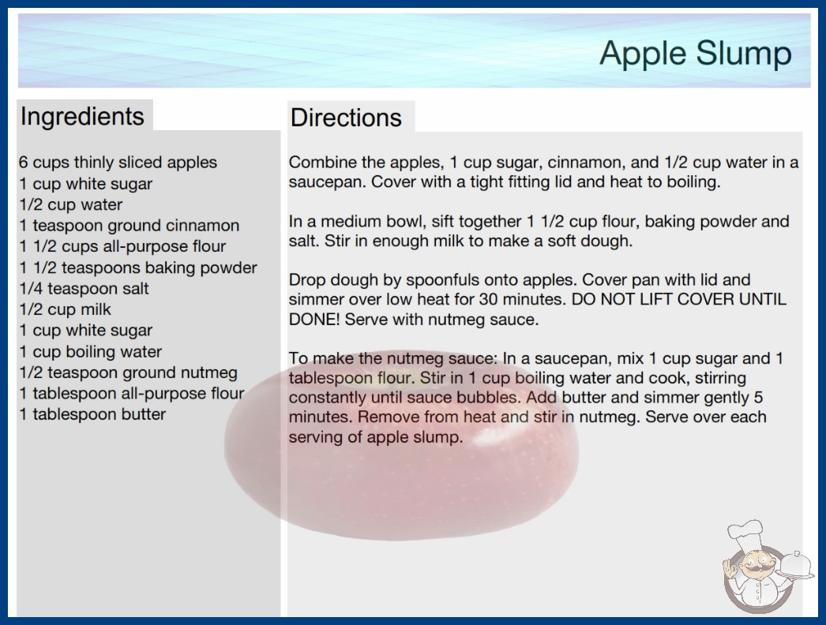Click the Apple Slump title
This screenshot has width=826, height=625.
696,53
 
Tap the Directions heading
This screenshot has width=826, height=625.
346,118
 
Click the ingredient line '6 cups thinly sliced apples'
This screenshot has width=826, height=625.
118,163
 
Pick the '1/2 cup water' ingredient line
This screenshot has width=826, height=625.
70,205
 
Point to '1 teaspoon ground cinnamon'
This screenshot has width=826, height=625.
129,226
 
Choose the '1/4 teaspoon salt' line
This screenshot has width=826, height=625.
84,289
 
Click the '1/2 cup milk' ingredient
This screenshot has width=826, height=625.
65,309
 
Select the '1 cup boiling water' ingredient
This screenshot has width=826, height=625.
91,352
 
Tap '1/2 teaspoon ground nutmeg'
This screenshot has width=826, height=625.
128,372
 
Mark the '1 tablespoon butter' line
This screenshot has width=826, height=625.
92,414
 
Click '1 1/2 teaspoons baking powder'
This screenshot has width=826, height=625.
138,268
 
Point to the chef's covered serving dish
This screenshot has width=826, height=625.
794,566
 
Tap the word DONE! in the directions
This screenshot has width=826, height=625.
314,320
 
